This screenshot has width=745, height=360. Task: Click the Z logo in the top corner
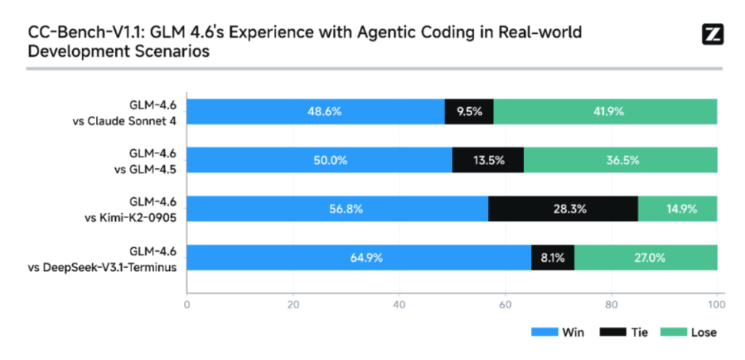(713, 34)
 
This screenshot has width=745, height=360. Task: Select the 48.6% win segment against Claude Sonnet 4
(315, 111)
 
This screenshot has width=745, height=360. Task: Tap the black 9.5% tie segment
(469, 111)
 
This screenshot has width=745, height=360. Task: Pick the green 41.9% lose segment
(605, 111)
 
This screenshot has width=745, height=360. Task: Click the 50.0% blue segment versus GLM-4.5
(319, 160)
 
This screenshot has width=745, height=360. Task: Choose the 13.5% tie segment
(488, 160)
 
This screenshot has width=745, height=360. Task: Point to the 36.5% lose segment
(620, 160)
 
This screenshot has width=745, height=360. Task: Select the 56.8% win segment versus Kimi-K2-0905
(338, 209)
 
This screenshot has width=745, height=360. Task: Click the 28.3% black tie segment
(562, 209)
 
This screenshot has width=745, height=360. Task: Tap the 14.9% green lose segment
(677, 209)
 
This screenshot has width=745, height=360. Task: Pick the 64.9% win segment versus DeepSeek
(359, 258)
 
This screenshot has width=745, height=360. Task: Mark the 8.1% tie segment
(552, 258)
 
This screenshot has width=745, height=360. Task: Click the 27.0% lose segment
(645, 258)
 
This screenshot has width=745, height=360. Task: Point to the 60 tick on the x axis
(505, 303)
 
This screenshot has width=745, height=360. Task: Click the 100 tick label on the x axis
(715, 303)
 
